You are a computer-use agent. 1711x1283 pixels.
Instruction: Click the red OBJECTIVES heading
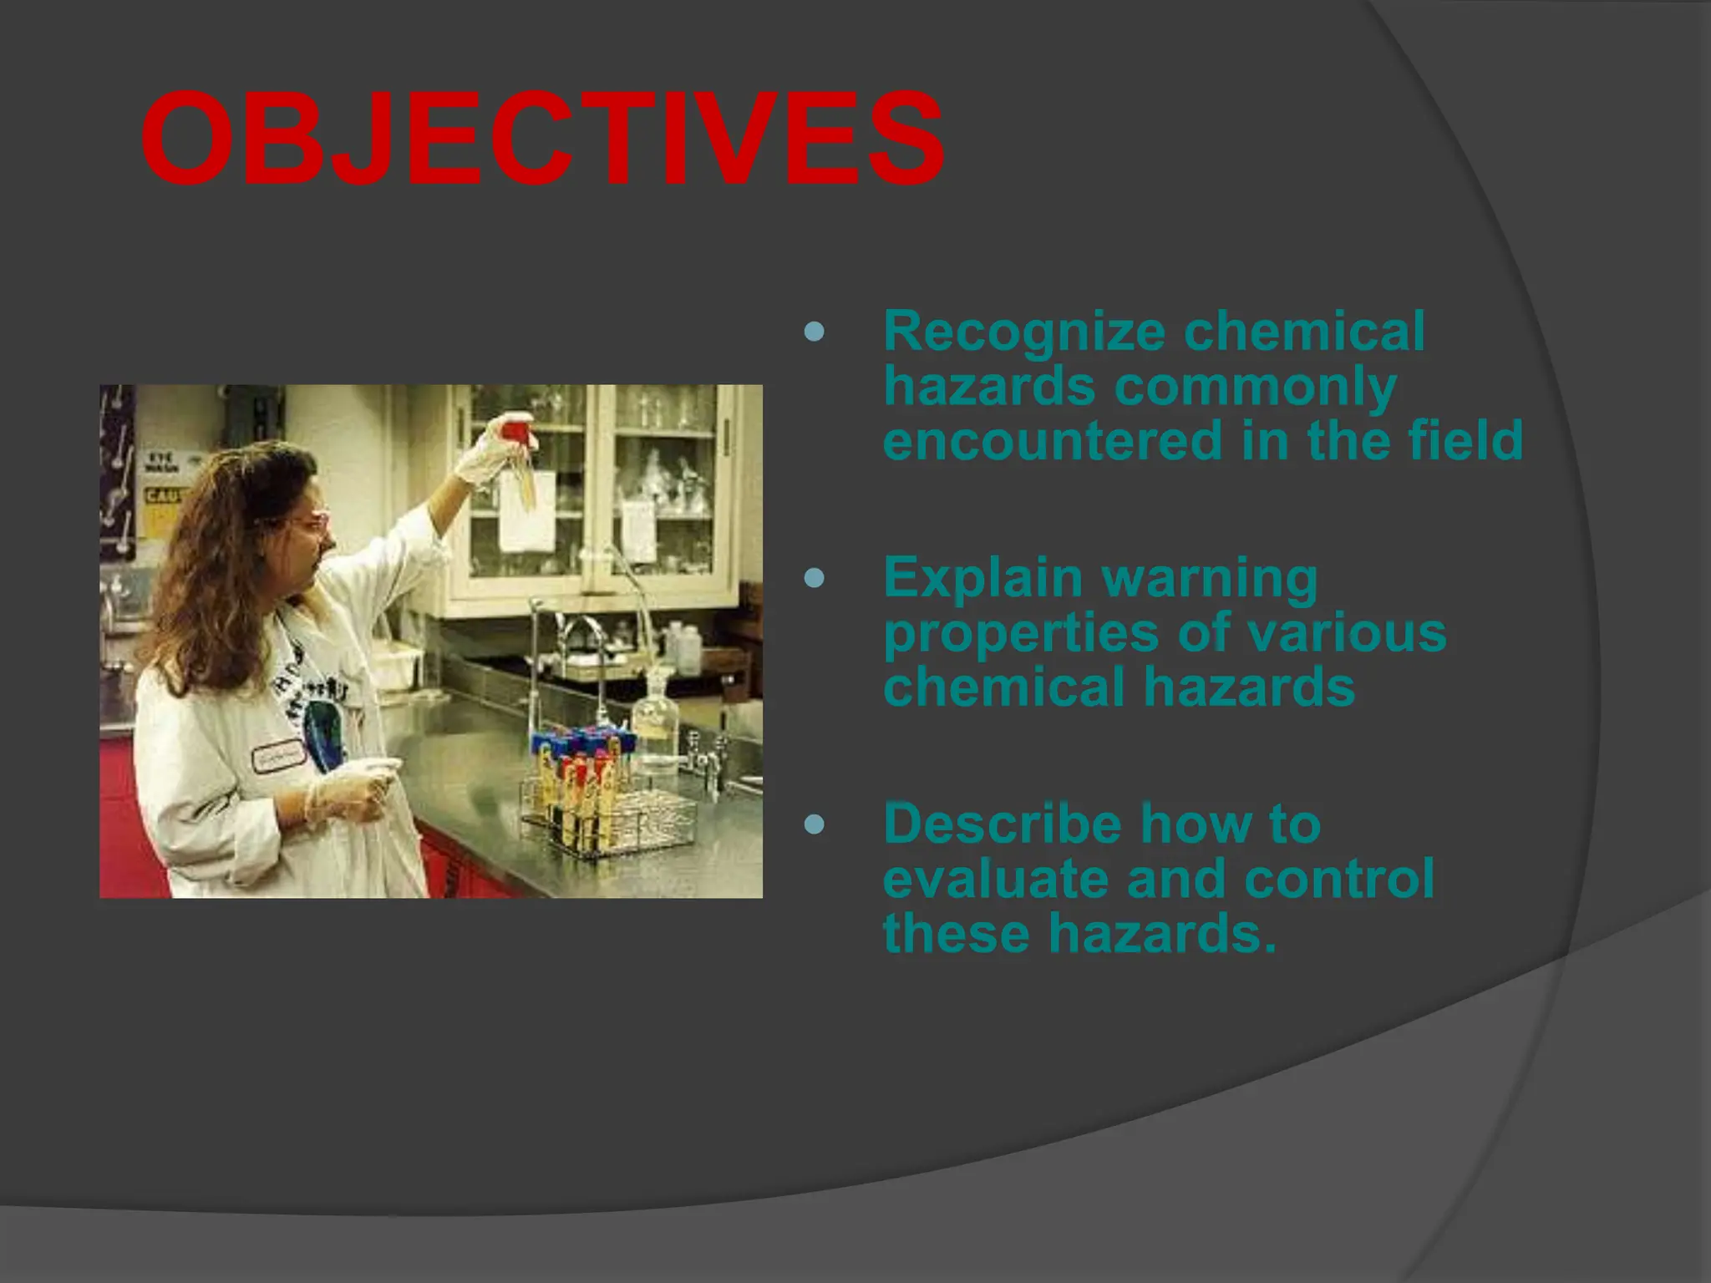(x=541, y=140)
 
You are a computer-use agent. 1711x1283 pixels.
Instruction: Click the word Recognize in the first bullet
(x=1023, y=332)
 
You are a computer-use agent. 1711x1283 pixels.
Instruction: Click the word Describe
(x=1002, y=824)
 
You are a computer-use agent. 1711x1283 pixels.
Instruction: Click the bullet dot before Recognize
(x=814, y=332)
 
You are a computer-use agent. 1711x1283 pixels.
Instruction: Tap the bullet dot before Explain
(x=814, y=578)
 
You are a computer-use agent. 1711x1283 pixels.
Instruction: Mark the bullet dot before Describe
(x=814, y=825)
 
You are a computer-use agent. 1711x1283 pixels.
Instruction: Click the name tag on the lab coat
(x=278, y=756)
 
